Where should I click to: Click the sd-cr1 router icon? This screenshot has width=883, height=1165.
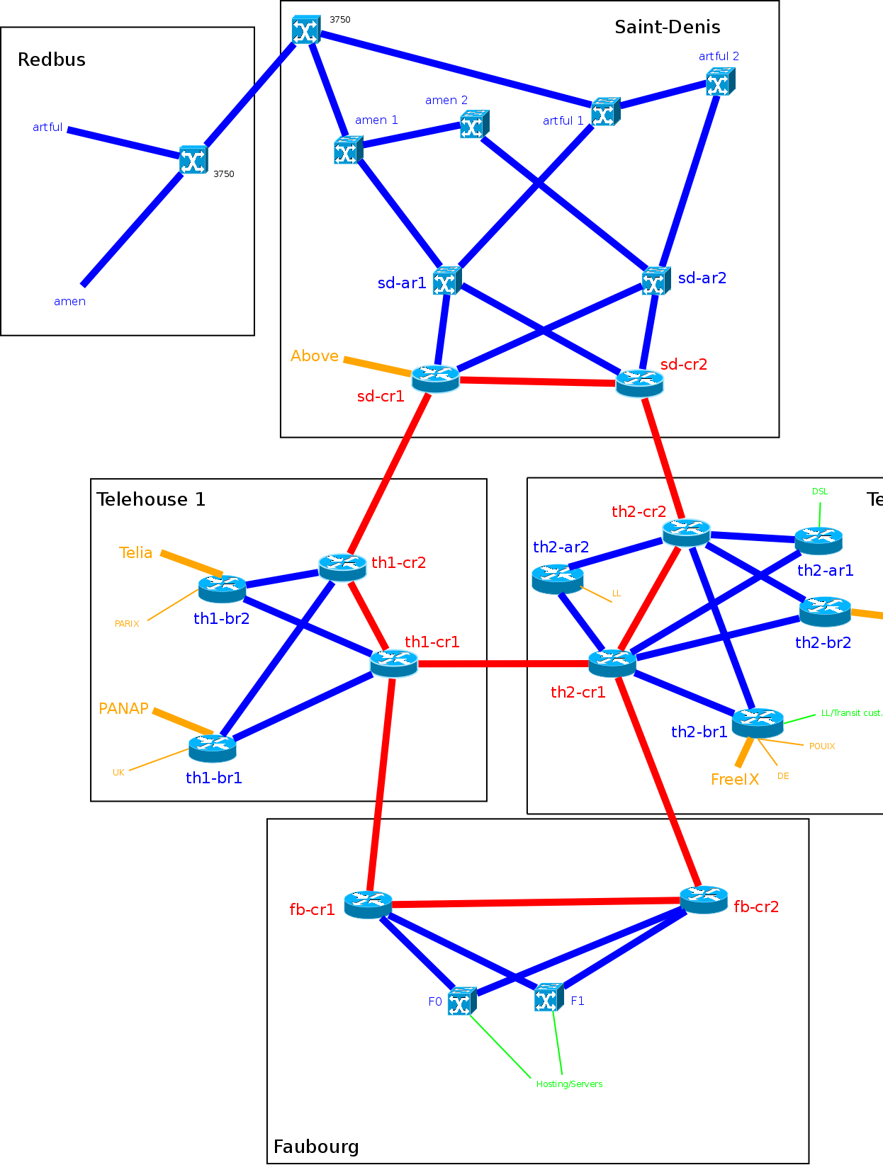pos(435,377)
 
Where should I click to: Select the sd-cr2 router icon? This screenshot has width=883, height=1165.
pos(640,382)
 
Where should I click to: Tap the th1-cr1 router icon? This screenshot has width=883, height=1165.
pos(394,663)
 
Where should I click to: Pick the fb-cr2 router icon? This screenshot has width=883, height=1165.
pos(704,899)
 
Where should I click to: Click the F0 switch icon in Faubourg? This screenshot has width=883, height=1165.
pos(461,1001)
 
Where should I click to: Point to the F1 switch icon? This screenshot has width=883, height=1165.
pos(549,998)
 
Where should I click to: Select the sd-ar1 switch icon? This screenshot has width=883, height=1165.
pos(446,281)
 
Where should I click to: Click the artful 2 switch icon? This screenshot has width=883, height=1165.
pos(720,82)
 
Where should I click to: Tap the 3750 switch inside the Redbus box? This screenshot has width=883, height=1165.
pos(193,159)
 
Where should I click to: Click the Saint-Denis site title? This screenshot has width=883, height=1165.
pos(667,28)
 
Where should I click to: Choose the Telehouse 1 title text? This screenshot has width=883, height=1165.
pos(151,499)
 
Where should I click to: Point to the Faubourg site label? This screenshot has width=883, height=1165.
pos(316,1147)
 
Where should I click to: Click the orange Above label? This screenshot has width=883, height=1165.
pos(314,356)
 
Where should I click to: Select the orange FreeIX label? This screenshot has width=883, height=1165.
pos(734,779)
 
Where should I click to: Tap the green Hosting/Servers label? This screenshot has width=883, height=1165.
pos(569,1084)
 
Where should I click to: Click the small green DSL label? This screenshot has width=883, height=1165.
pos(819,491)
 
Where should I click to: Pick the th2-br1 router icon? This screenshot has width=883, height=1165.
pos(757,722)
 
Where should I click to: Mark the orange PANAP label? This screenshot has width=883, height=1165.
pos(123,708)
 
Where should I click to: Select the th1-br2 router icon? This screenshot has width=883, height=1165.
pos(222,588)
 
